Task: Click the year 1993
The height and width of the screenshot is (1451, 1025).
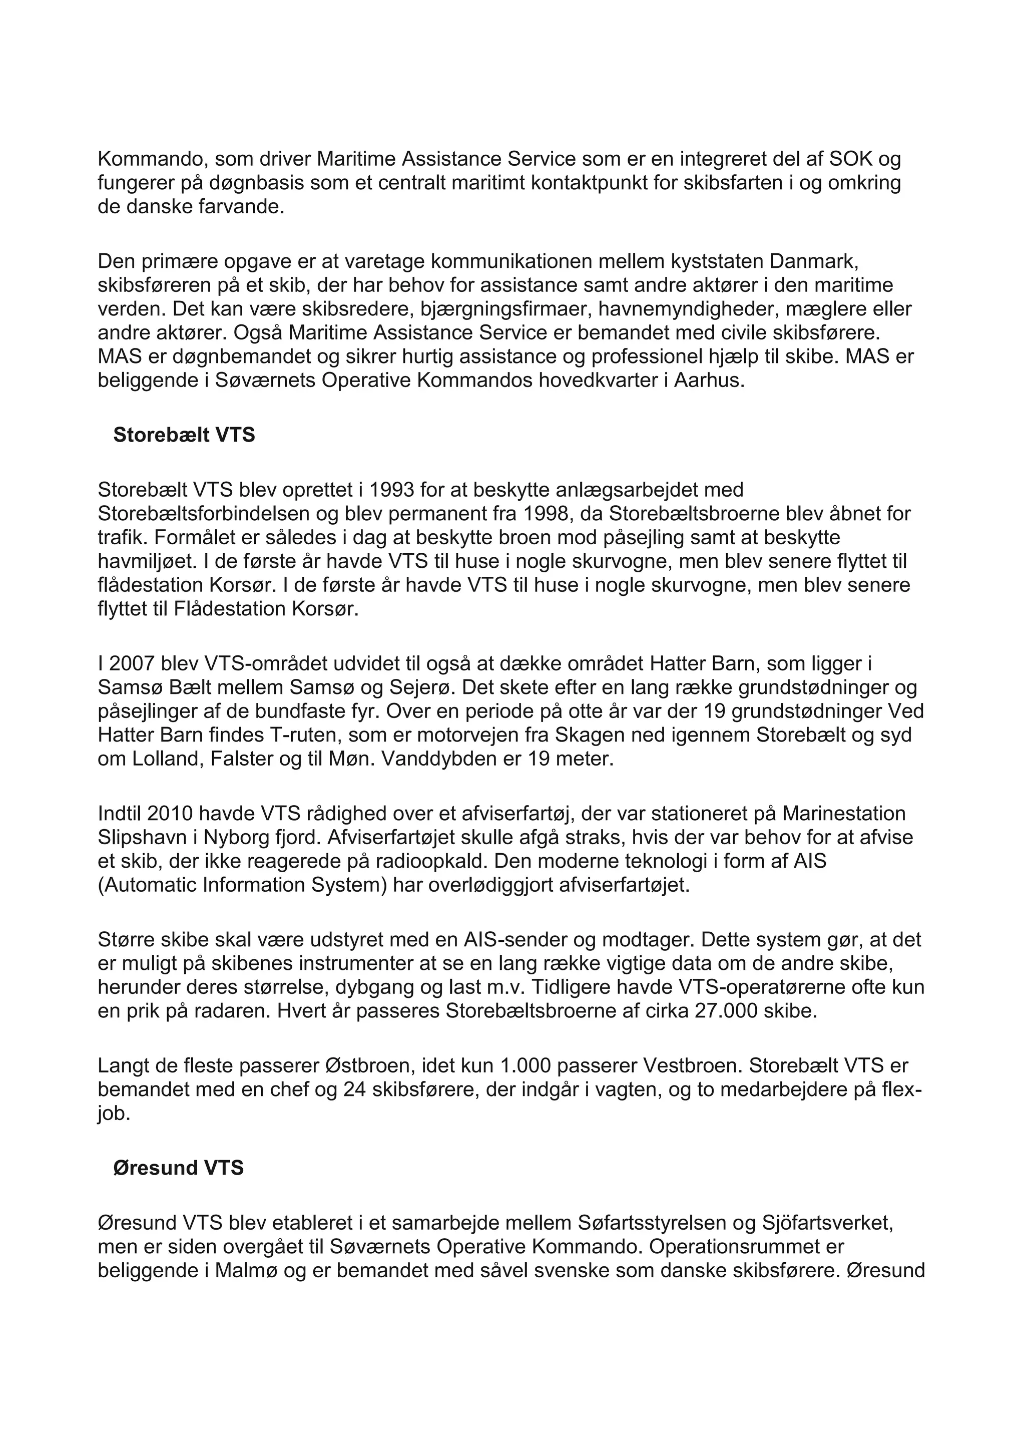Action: tap(392, 490)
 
